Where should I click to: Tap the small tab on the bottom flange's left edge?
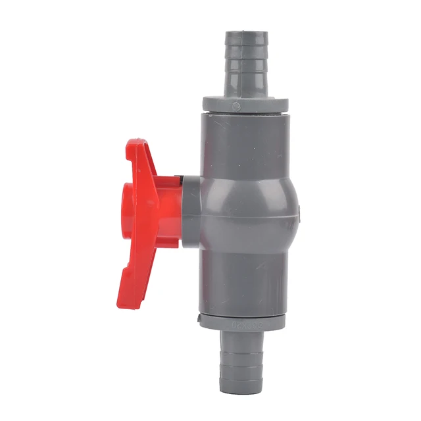pyautogui.click(x=199, y=320)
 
